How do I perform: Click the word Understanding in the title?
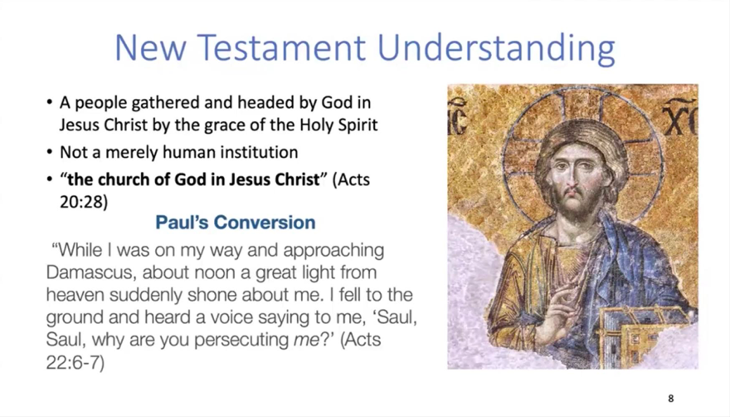coord(496,49)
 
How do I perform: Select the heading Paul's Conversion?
coord(235,223)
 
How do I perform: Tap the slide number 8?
coord(671,399)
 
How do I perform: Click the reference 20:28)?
coord(83,202)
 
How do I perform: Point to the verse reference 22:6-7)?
coord(75,362)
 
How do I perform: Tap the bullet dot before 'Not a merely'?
coord(50,153)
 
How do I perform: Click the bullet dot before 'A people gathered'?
coord(50,102)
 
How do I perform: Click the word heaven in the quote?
coord(74,295)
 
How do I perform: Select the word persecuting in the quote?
coord(241,340)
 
